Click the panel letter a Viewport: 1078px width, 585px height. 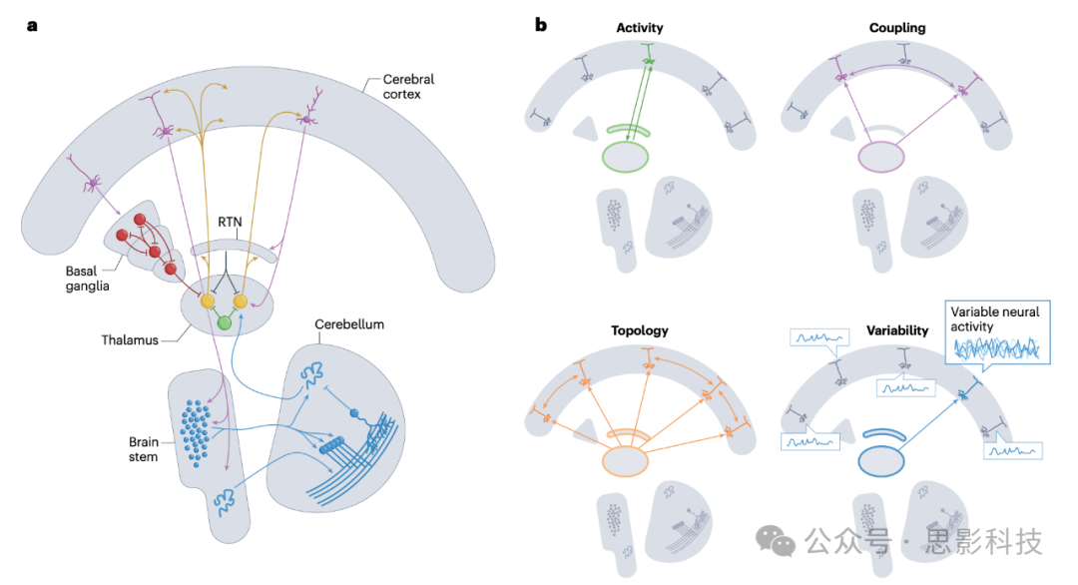click(32, 26)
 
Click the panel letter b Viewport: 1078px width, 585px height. click(541, 24)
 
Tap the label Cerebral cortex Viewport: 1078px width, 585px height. click(409, 88)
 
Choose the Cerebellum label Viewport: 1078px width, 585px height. click(349, 325)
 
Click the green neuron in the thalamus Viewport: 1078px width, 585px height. click(225, 322)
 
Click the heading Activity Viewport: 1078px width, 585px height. click(640, 28)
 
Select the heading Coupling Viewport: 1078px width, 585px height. click(897, 28)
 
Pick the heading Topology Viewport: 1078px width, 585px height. click(639, 330)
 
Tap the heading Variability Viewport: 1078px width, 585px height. click(897, 330)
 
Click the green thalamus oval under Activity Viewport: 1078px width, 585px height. click(626, 158)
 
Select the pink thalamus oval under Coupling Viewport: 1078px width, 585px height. click(882, 158)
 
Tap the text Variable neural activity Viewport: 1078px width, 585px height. click(995, 319)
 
